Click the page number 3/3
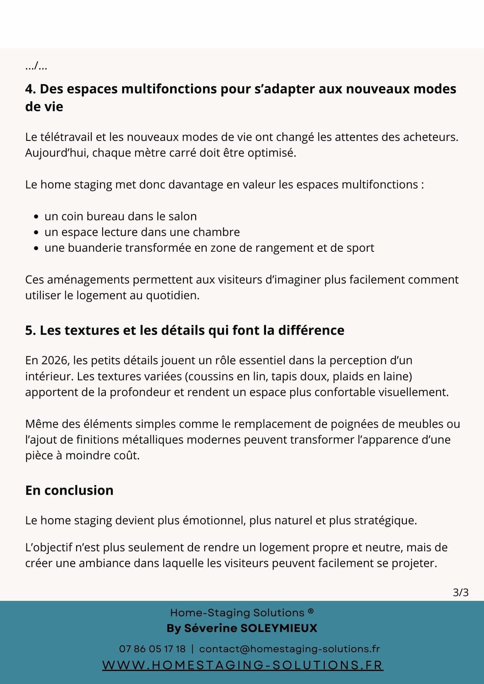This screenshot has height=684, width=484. [x=460, y=592]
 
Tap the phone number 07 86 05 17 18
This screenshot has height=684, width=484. [x=152, y=649]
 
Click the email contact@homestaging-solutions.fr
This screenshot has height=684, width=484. [x=289, y=649]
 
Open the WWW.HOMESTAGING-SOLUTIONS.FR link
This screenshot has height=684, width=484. [x=242, y=665]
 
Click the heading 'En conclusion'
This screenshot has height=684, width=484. [x=69, y=490]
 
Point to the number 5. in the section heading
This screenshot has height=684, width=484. [x=30, y=330]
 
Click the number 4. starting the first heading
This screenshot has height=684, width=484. [x=30, y=89]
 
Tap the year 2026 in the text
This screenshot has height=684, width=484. [x=55, y=360]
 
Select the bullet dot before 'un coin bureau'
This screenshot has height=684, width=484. [x=36, y=217]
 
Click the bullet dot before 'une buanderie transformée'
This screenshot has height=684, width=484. [x=36, y=249]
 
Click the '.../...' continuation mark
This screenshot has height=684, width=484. [x=36, y=67]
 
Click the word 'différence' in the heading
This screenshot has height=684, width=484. [x=313, y=330]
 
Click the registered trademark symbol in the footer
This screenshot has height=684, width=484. [x=311, y=611]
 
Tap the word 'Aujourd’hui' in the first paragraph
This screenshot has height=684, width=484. [x=57, y=153]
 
